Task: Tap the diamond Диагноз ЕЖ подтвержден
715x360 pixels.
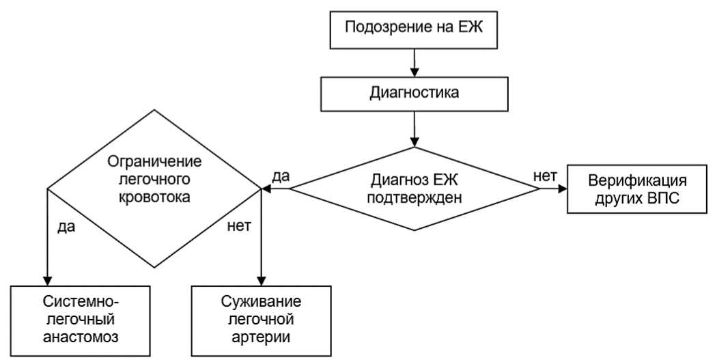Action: click(x=415, y=189)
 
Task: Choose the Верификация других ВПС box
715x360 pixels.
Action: click(x=636, y=189)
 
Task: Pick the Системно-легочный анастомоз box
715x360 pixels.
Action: click(x=80, y=319)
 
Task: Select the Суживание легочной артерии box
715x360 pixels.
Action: click(x=262, y=319)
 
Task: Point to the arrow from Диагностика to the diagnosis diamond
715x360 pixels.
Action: click(x=414, y=128)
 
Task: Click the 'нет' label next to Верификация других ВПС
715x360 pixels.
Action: click(x=545, y=176)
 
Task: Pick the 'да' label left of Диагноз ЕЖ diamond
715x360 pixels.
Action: click(x=281, y=176)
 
